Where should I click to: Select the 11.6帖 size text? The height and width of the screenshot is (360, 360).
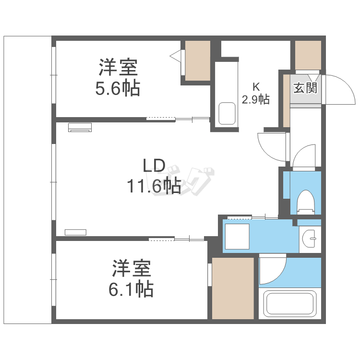tap(154, 185)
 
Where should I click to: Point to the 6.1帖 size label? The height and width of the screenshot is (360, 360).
tap(132, 289)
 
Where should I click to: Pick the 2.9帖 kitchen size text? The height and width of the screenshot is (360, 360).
tap(255, 100)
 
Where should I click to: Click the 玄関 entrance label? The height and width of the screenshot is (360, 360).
tap(305, 88)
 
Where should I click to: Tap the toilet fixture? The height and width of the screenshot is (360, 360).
tap(305, 201)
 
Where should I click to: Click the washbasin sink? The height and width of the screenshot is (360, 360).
tap(311, 236)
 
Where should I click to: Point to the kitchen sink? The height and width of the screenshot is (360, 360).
tap(227, 114)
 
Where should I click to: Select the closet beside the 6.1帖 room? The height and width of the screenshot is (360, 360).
tap(233, 288)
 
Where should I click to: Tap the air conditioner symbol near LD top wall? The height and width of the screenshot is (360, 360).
tap(80, 127)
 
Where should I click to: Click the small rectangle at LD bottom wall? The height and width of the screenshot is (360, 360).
tap(75, 232)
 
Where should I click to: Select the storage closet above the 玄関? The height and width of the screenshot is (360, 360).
tap(308, 55)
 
